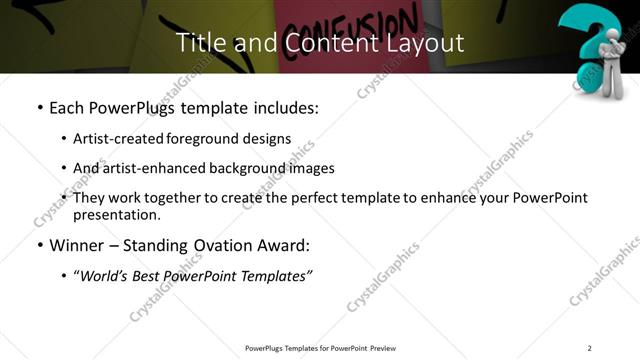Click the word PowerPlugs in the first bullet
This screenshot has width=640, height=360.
coord(132,107)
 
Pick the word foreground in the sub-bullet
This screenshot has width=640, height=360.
coord(210,139)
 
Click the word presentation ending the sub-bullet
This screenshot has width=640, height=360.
coord(116,215)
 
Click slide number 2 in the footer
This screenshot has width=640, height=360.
coord(590,348)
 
